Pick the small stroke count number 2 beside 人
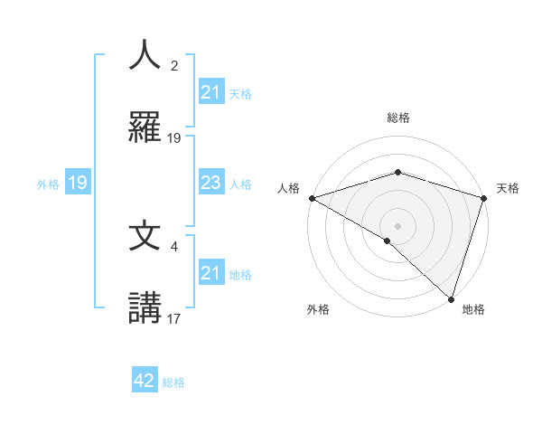(174, 66)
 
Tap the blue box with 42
(145, 381)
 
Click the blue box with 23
(210, 184)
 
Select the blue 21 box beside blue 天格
(210, 92)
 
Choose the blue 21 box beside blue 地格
(210, 273)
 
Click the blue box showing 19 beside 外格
(78, 184)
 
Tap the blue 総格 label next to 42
(173, 382)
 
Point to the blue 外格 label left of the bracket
(47, 184)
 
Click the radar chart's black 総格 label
(397, 118)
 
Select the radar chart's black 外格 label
(318, 309)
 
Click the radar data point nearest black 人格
(312, 198)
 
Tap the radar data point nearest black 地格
(450, 298)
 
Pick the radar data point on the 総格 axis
(397, 173)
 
